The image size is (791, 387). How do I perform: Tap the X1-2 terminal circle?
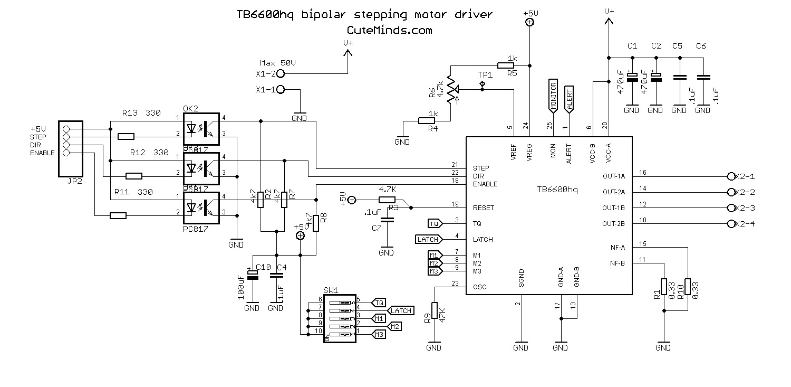pyautogui.click(x=281, y=73)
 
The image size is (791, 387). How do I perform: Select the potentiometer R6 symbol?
pyautogui.click(x=450, y=89)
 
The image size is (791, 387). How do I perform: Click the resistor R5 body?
pyautogui.click(x=506, y=65)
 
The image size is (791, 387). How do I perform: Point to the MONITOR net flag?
pyautogui.click(x=553, y=96)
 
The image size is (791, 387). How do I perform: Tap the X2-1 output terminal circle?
pyautogui.click(x=731, y=176)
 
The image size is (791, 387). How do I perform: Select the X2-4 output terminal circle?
pyautogui.click(x=731, y=224)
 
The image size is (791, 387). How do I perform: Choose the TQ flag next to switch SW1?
pyautogui.click(x=379, y=303)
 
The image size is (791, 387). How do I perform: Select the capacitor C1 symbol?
pyautogui.click(x=632, y=77)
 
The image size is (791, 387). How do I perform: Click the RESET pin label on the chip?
pyautogui.click(x=483, y=208)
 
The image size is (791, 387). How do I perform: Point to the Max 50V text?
pyautogui.click(x=278, y=63)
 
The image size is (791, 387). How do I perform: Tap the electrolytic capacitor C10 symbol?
pyautogui.click(x=253, y=275)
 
